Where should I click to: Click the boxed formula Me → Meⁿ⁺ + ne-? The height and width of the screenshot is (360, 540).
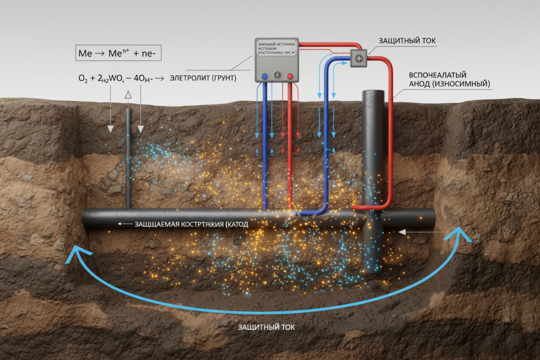(x=118, y=53)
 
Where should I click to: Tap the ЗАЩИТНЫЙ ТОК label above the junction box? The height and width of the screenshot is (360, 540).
(x=407, y=41)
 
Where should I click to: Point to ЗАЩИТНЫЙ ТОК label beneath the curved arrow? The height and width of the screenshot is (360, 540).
(x=266, y=327)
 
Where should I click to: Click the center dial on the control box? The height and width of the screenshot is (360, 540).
(x=277, y=75)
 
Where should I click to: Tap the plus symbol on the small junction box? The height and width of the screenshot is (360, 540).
(x=359, y=59)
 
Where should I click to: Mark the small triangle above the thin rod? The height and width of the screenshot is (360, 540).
(x=128, y=95)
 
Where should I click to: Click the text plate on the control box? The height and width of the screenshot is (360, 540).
(x=276, y=48)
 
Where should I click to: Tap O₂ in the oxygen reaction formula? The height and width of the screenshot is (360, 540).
(x=83, y=78)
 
